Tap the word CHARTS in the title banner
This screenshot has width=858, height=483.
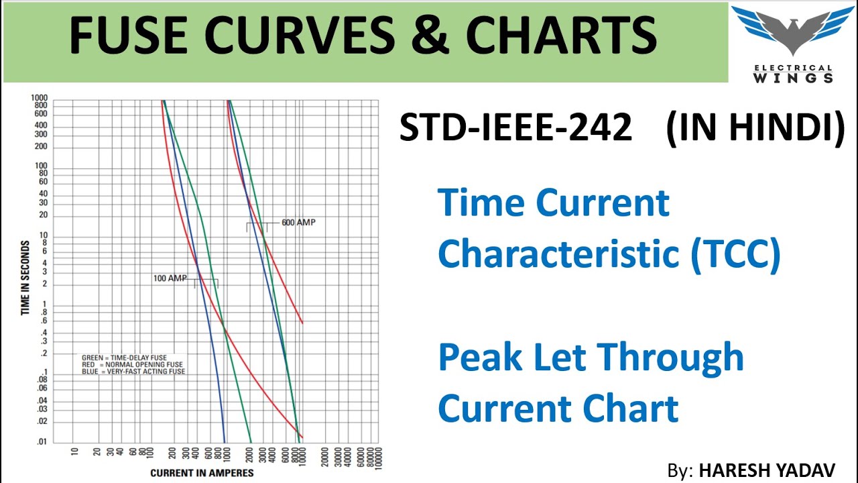tap(561, 37)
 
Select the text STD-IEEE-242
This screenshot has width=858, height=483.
tap(515, 127)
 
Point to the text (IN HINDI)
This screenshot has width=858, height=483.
tap(755, 127)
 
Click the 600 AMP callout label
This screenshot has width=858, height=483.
tap(298, 222)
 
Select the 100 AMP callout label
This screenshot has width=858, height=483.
tap(170, 278)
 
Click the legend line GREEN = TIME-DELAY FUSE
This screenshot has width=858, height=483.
tap(124, 358)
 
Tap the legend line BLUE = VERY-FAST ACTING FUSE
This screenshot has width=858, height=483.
tap(133, 371)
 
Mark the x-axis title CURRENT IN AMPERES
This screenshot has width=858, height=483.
tap(202, 473)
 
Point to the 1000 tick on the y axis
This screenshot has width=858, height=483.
tap(40, 98)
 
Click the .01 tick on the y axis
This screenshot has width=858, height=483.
tap(42, 441)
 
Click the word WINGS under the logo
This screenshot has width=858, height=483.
tap(792, 78)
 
